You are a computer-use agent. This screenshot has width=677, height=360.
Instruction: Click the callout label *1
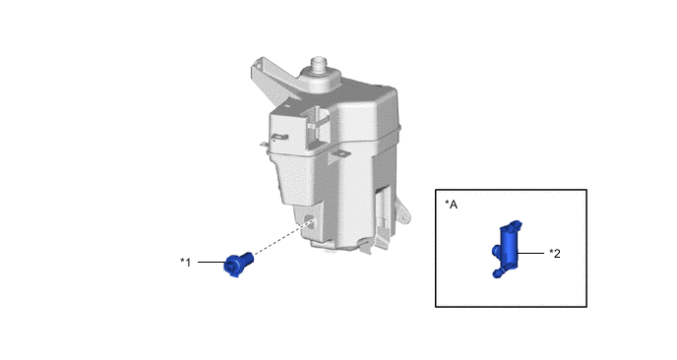[x=185, y=262]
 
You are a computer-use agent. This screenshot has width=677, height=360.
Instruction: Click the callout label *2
[x=555, y=254]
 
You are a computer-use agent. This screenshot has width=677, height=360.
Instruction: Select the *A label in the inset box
[x=452, y=205]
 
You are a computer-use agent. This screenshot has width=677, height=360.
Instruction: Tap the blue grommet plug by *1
[x=237, y=264]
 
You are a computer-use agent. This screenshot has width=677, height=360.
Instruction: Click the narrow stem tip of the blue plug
[x=249, y=256]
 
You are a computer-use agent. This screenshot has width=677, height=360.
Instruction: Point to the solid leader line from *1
[x=212, y=262]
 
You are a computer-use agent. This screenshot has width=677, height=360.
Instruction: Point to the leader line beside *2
[x=530, y=254]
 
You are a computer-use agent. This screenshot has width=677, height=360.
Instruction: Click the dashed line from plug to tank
[x=282, y=238]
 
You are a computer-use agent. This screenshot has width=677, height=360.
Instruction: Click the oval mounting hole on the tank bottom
[x=310, y=219]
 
